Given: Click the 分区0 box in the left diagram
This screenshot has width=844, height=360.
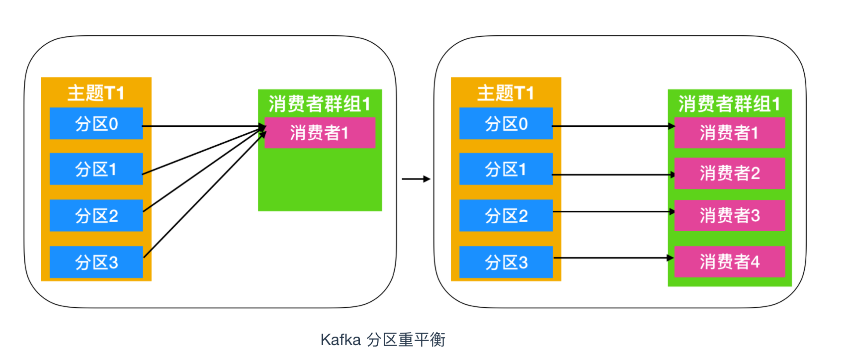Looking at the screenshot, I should coord(96,123).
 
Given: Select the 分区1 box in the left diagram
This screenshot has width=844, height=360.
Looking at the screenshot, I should coord(96,169).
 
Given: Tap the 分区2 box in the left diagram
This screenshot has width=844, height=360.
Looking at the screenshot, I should coord(96,215).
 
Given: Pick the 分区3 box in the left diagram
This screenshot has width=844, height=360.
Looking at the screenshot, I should coord(96,262).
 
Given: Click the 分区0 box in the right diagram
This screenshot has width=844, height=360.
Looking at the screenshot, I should coord(506,123).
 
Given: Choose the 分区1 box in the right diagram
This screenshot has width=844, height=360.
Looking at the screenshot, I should coord(506,169).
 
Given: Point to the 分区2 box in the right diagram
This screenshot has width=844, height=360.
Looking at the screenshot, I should coord(506,215).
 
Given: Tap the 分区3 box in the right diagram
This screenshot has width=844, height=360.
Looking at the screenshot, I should coord(506,262).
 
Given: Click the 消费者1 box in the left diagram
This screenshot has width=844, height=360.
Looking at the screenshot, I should coord(320,133).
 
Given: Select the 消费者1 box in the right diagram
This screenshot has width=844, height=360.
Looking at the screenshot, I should coord(729,133).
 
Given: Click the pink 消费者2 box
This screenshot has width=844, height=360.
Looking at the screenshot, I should coord(729,173).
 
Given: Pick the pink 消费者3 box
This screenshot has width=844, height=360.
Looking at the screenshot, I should coord(729,215).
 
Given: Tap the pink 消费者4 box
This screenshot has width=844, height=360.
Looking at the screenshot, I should coord(729,262).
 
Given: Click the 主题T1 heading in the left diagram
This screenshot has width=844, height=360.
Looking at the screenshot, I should coord(96,93).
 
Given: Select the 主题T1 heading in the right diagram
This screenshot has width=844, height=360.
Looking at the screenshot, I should coord(506,93).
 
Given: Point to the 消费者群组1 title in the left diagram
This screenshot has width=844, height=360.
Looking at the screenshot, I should coord(320,104).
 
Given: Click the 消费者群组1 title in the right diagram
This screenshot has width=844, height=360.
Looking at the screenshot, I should coord(729,104).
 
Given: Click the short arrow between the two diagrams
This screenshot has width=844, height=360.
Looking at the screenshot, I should coord(416,179).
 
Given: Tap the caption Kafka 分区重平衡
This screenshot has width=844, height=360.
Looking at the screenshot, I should coord(383,340).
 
